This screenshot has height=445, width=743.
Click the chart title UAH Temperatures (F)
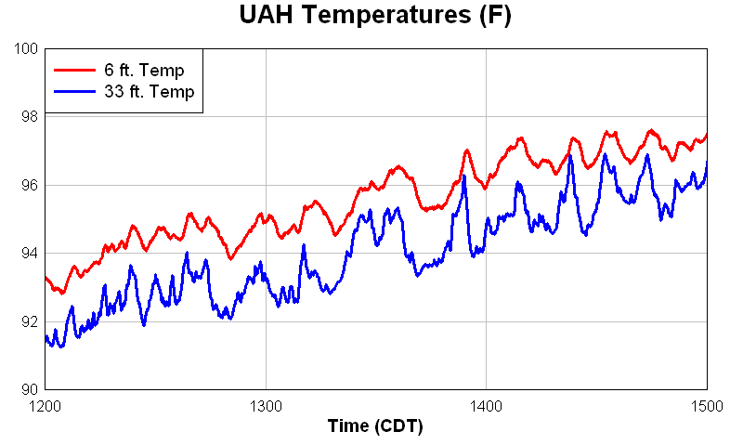click(374, 16)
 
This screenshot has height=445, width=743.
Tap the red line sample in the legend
click(74, 71)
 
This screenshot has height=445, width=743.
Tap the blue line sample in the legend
click(74, 91)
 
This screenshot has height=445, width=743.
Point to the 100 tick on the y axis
click(26, 48)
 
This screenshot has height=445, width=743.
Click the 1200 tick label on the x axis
click(46, 406)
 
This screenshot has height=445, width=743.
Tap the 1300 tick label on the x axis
click(266, 406)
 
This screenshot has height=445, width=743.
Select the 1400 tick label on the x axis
click(487, 406)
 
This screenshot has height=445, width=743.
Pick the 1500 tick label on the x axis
click(706, 406)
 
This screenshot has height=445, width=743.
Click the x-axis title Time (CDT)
click(375, 426)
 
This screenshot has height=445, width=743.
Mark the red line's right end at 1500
click(707, 135)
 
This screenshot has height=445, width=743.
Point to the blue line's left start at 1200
click(46, 339)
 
